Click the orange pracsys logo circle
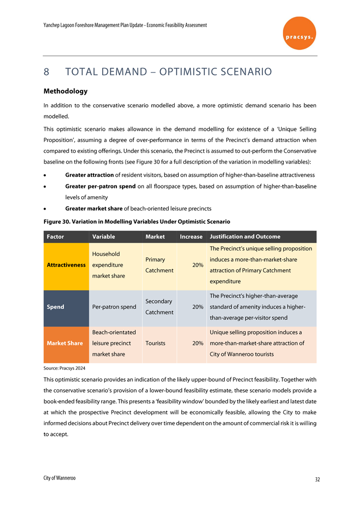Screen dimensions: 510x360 pos(299,33)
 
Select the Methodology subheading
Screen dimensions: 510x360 pos(65,91)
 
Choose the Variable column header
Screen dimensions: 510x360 pos(103,237)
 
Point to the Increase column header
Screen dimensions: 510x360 pos(191,237)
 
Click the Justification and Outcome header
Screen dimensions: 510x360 pos(245,237)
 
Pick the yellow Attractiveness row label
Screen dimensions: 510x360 pos(66,265)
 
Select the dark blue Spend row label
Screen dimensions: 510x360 pos(55,307)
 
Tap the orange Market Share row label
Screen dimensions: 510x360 pos(65,343)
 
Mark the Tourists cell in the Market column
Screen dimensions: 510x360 pos(157,343)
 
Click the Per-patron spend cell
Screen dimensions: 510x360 pos(114,307)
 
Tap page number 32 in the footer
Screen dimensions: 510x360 pos(317,479)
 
